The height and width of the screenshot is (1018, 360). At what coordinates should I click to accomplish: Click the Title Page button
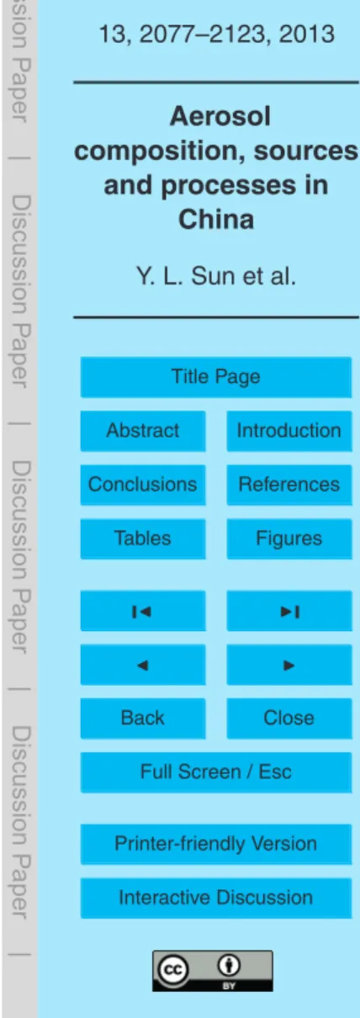[216, 377]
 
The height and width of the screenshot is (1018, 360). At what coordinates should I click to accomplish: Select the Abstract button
[143, 431]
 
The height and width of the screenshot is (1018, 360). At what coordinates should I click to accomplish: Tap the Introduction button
[289, 431]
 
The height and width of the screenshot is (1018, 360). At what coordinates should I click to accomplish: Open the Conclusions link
[143, 485]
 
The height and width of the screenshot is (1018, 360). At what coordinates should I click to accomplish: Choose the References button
[289, 485]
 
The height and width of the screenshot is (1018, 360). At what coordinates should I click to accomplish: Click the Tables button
[143, 538]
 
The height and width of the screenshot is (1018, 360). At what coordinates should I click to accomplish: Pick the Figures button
[289, 538]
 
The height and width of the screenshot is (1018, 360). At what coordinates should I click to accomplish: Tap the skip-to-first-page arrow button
[143, 611]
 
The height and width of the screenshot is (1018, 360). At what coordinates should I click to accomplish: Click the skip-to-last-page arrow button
[289, 611]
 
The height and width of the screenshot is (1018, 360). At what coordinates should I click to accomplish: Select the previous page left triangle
[143, 665]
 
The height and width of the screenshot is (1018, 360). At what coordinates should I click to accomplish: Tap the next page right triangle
[289, 665]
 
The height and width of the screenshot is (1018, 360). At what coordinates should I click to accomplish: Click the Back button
[143, 718]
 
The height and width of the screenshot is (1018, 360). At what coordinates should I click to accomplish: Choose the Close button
[289, 718]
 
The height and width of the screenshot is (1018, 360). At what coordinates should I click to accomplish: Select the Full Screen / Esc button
[216, 772]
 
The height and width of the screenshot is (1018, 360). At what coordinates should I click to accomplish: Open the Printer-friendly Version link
[216, 845]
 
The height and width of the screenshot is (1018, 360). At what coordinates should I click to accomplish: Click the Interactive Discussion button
[216, 898]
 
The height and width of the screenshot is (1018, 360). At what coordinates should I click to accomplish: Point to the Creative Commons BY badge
[213, 971]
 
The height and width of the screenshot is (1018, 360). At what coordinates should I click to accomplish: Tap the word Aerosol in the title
[220, 116]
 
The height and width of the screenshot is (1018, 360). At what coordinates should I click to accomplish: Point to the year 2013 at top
[307, 34]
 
